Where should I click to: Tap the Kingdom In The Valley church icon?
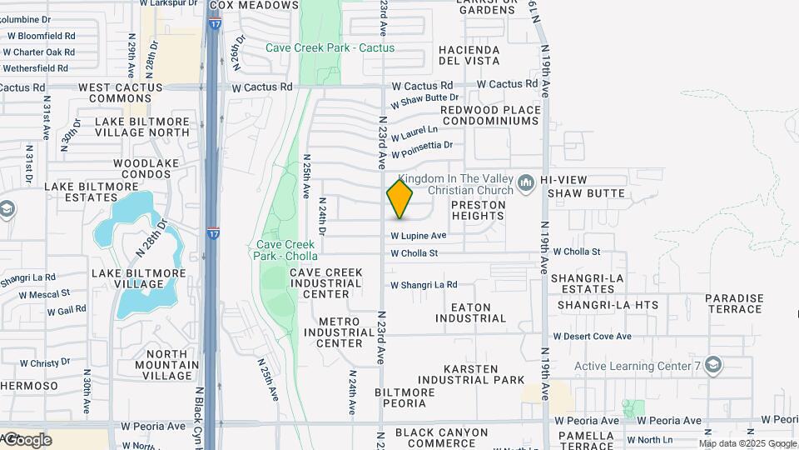(525, 182)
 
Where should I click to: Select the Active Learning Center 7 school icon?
(712, 365)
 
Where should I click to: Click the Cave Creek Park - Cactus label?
(330, 47)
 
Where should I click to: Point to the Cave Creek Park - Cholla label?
(286, 250)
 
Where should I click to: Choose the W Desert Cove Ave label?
(592, 337)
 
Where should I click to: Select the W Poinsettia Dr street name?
(427, 150)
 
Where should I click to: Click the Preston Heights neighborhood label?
(478, 210)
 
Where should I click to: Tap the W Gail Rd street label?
(67, 311)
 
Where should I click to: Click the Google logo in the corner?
(27, 439)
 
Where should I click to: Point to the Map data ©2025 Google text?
(747, 443)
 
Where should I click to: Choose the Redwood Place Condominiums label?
(489, 115)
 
